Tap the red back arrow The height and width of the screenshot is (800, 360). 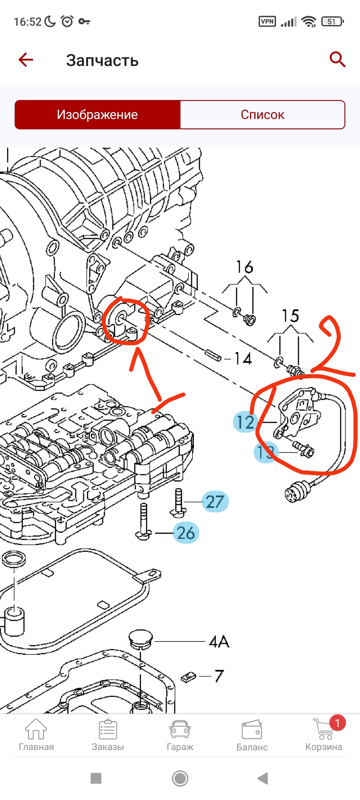[x=26, y=60]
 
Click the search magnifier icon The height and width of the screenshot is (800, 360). [x=337, y=60]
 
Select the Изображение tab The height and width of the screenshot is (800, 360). [x=97, y=115]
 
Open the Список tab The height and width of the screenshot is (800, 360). [x=262, y=115]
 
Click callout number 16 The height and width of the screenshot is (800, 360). [x=245, y=267]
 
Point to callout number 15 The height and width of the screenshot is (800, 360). [x=290, y=316]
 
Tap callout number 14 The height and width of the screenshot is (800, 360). [x=243, y=359]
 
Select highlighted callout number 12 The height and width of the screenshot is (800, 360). [x=245, y=422]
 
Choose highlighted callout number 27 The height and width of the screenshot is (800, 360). [x=215, y=502]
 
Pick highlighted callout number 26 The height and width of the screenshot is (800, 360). [x=186, y=533]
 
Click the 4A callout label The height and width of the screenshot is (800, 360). [x=219, y=642]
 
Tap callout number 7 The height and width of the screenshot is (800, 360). [x=219, y=676]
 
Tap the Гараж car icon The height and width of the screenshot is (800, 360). [x=180, y=730]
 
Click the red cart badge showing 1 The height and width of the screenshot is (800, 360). [x=337, y=723]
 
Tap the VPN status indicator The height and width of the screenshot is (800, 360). [x=267, y=22]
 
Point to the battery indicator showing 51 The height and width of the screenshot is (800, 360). [x=332, y=22]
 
